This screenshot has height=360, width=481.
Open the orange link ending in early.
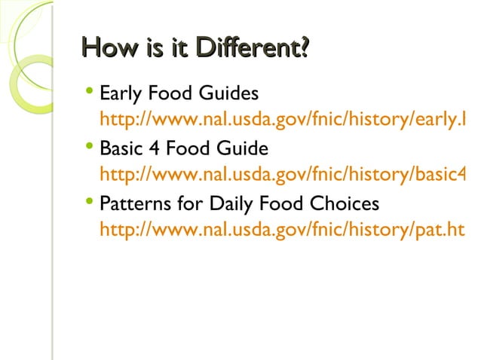point(282,119)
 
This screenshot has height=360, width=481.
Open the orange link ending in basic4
point(282,174)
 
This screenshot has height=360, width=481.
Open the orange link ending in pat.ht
point(282,228)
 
